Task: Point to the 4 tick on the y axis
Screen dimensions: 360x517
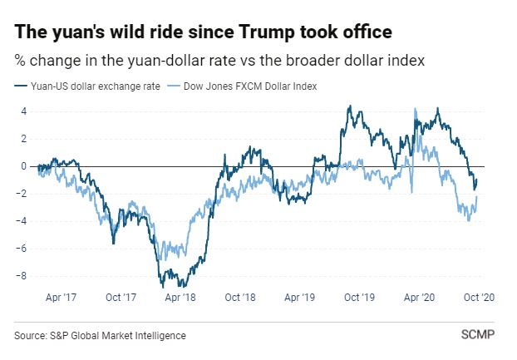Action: [x=24, y=111]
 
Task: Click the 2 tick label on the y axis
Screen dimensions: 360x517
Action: [x=24, y=139]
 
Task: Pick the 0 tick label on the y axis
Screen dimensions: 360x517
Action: [x=24, y=166]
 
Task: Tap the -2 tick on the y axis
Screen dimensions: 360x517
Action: [x=22, y=194]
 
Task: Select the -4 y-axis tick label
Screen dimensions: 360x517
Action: [x=22, y=221]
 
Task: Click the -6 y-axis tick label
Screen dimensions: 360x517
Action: [x=22, y=249]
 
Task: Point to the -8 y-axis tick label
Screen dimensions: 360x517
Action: [x=22, y=276]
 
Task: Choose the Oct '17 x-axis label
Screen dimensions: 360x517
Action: [x=121, y=297]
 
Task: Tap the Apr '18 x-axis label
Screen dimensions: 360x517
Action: [x=180, y=297]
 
